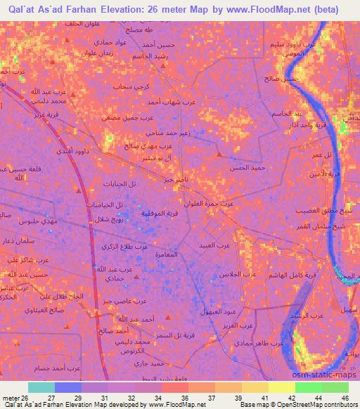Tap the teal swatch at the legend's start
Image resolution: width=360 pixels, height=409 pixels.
[41, 387]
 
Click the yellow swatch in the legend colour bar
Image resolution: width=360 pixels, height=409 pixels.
[282, 387]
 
